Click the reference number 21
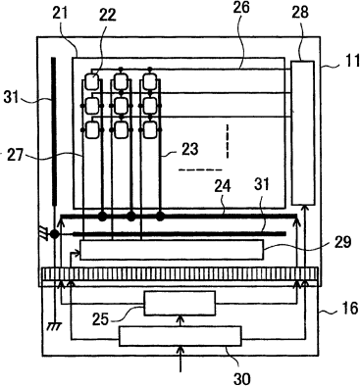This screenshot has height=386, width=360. (x=59, y=14)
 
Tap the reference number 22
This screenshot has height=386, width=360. (x=107, y=15)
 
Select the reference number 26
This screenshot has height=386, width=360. (x=241, y=7)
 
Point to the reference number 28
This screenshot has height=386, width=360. (x=300, y=13)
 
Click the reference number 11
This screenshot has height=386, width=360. (x=351, y=61)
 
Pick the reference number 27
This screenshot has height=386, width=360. (x=15, y=155)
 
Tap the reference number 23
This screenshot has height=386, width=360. (x=189, y=149)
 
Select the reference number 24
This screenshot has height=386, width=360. (x=223, y=186)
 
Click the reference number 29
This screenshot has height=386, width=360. (x=341, y=242)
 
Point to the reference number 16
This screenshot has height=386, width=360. (x=349, y=308)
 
